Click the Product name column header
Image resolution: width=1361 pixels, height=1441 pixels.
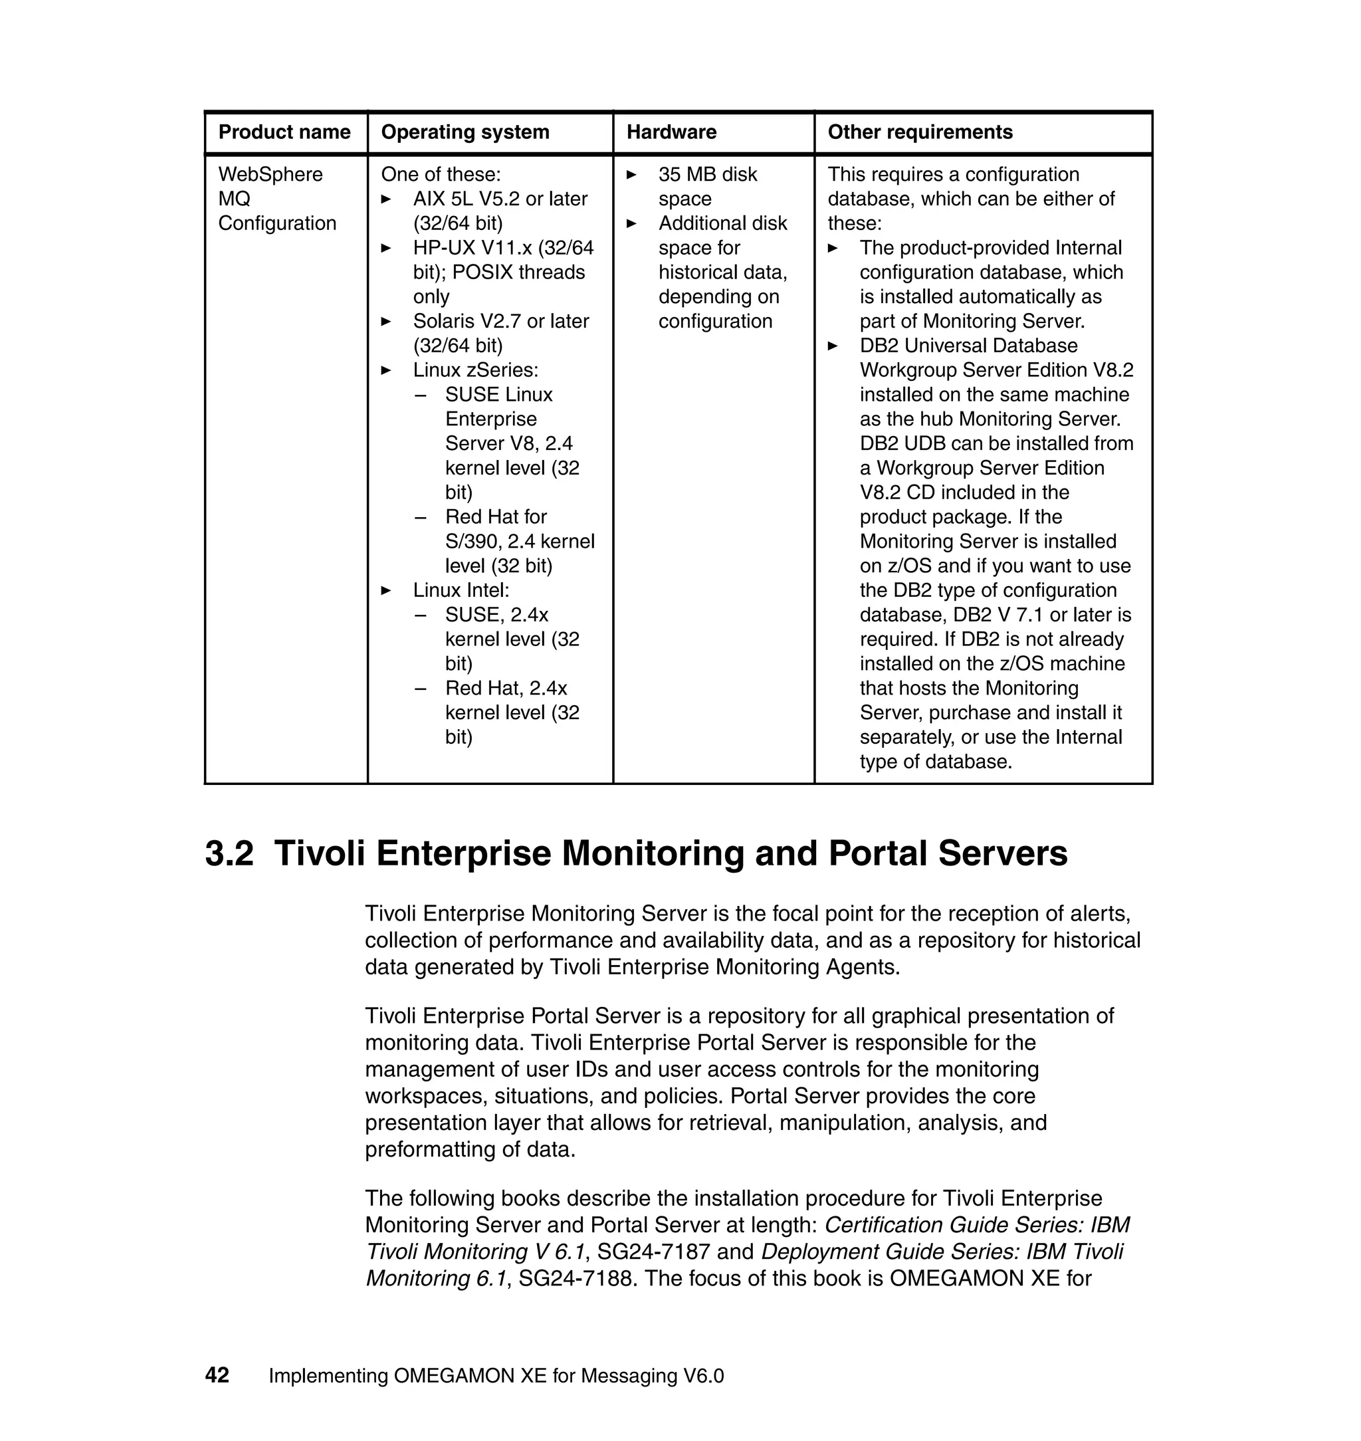tap(284, 132)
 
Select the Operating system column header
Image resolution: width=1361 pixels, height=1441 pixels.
tap(465, 132)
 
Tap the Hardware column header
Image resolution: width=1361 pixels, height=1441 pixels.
tap(671, 132)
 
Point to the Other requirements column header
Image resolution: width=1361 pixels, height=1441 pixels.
tap(919, 132)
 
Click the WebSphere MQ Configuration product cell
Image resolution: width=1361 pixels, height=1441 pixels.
tap(276, 199)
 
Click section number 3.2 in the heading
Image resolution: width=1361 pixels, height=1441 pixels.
tap(229, 853)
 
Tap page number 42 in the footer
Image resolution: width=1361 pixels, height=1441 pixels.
tap(217, 1375)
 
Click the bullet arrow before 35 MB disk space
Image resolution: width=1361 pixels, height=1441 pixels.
tap(631, 175)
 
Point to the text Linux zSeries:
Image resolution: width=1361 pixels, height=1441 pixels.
tap(475, 370)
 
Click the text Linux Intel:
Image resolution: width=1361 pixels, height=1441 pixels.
tap(461, 590)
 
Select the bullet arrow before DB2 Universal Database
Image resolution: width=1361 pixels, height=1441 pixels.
tap(833, 346)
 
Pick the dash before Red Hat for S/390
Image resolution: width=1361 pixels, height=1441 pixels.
tap(420, 517)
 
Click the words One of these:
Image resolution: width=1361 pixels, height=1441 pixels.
tap(441, 174)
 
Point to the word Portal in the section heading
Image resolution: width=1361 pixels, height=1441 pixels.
tap(877, 853)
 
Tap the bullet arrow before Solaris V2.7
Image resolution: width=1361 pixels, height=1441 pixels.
tap(386, 322)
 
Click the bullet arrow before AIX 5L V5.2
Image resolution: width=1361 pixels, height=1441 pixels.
tap(386, 199)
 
